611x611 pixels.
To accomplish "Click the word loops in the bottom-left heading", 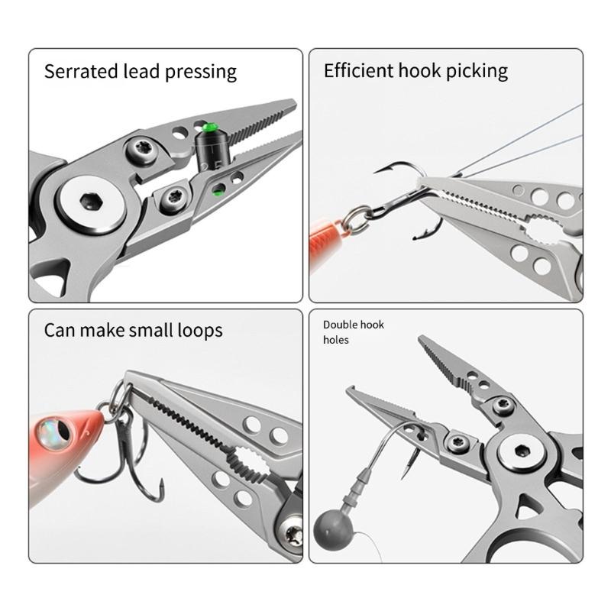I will click(197, 330).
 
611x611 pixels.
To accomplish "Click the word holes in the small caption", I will click(335, 339).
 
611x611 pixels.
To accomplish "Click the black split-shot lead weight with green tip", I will click(211, 149).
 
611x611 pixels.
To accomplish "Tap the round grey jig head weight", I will click(334, 529).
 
